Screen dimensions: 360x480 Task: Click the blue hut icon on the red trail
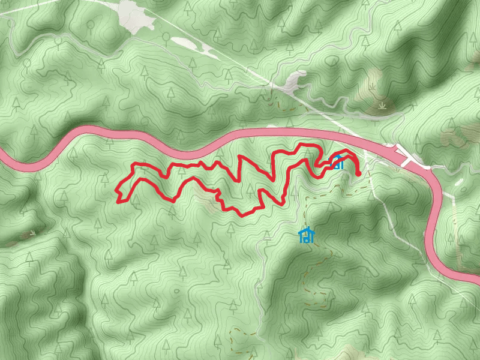(x=337, y=161)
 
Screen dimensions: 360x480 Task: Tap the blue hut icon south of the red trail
(x=307, y=235)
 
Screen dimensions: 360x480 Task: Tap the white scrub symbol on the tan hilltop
(x=382, y=106)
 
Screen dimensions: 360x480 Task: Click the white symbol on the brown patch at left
(x=31, y=232)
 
